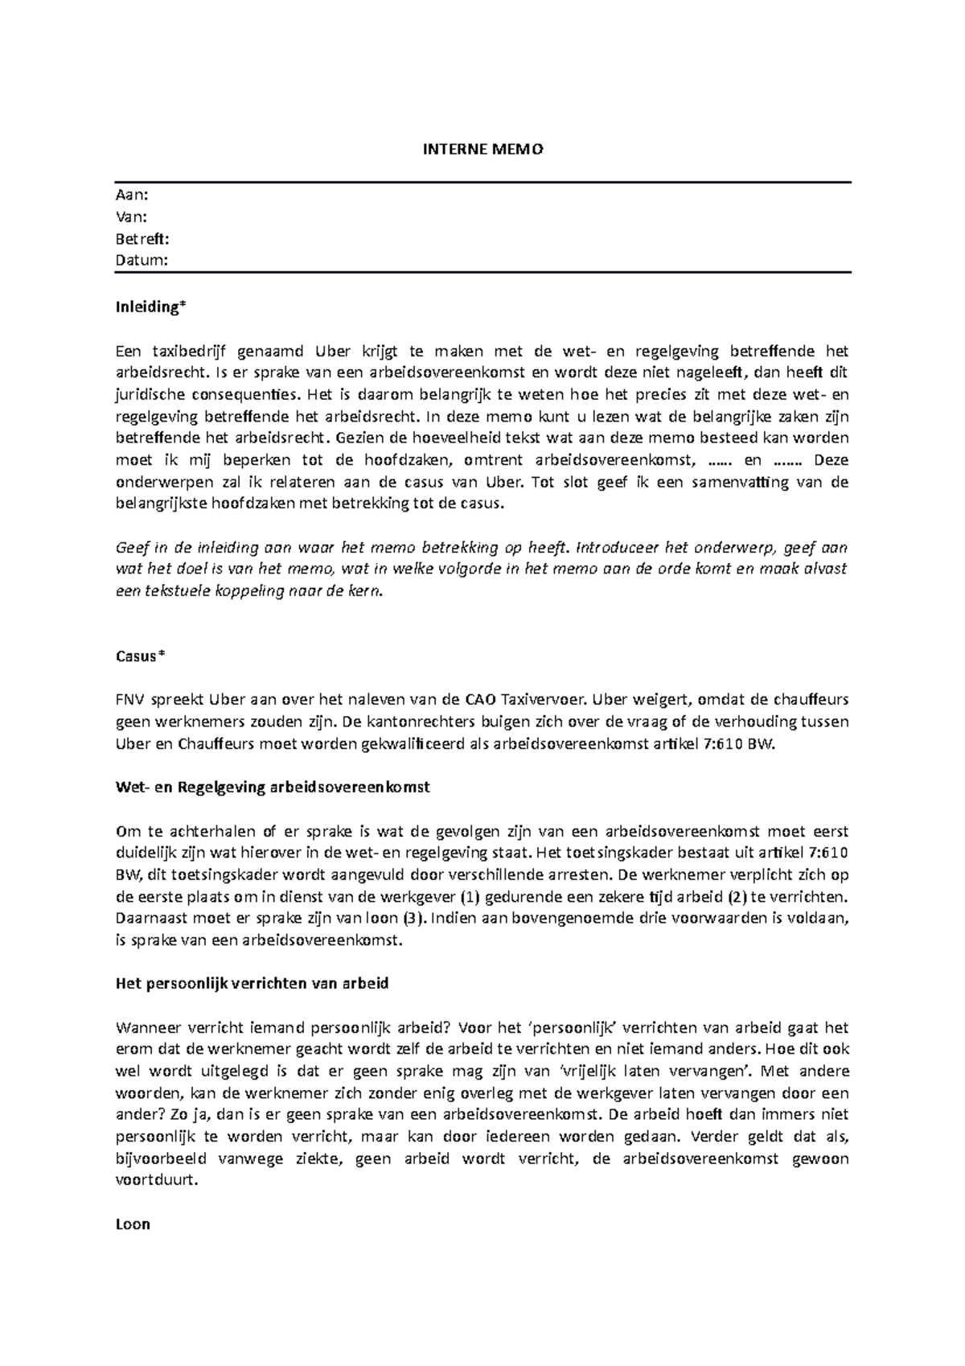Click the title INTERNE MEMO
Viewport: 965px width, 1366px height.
coord(482,150)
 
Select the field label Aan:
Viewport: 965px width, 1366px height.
coord(132,195)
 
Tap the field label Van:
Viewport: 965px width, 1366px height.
coord(132,217)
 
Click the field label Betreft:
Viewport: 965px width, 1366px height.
coord(142,239)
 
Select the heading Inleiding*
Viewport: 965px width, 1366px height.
coord(151,307)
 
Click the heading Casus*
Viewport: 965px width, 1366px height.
coord(140,656)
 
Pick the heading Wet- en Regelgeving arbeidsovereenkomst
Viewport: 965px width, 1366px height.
coord(273,788)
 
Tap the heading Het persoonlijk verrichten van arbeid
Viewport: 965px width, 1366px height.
coord(253,984)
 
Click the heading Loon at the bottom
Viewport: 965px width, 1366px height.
coord(133,1225)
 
